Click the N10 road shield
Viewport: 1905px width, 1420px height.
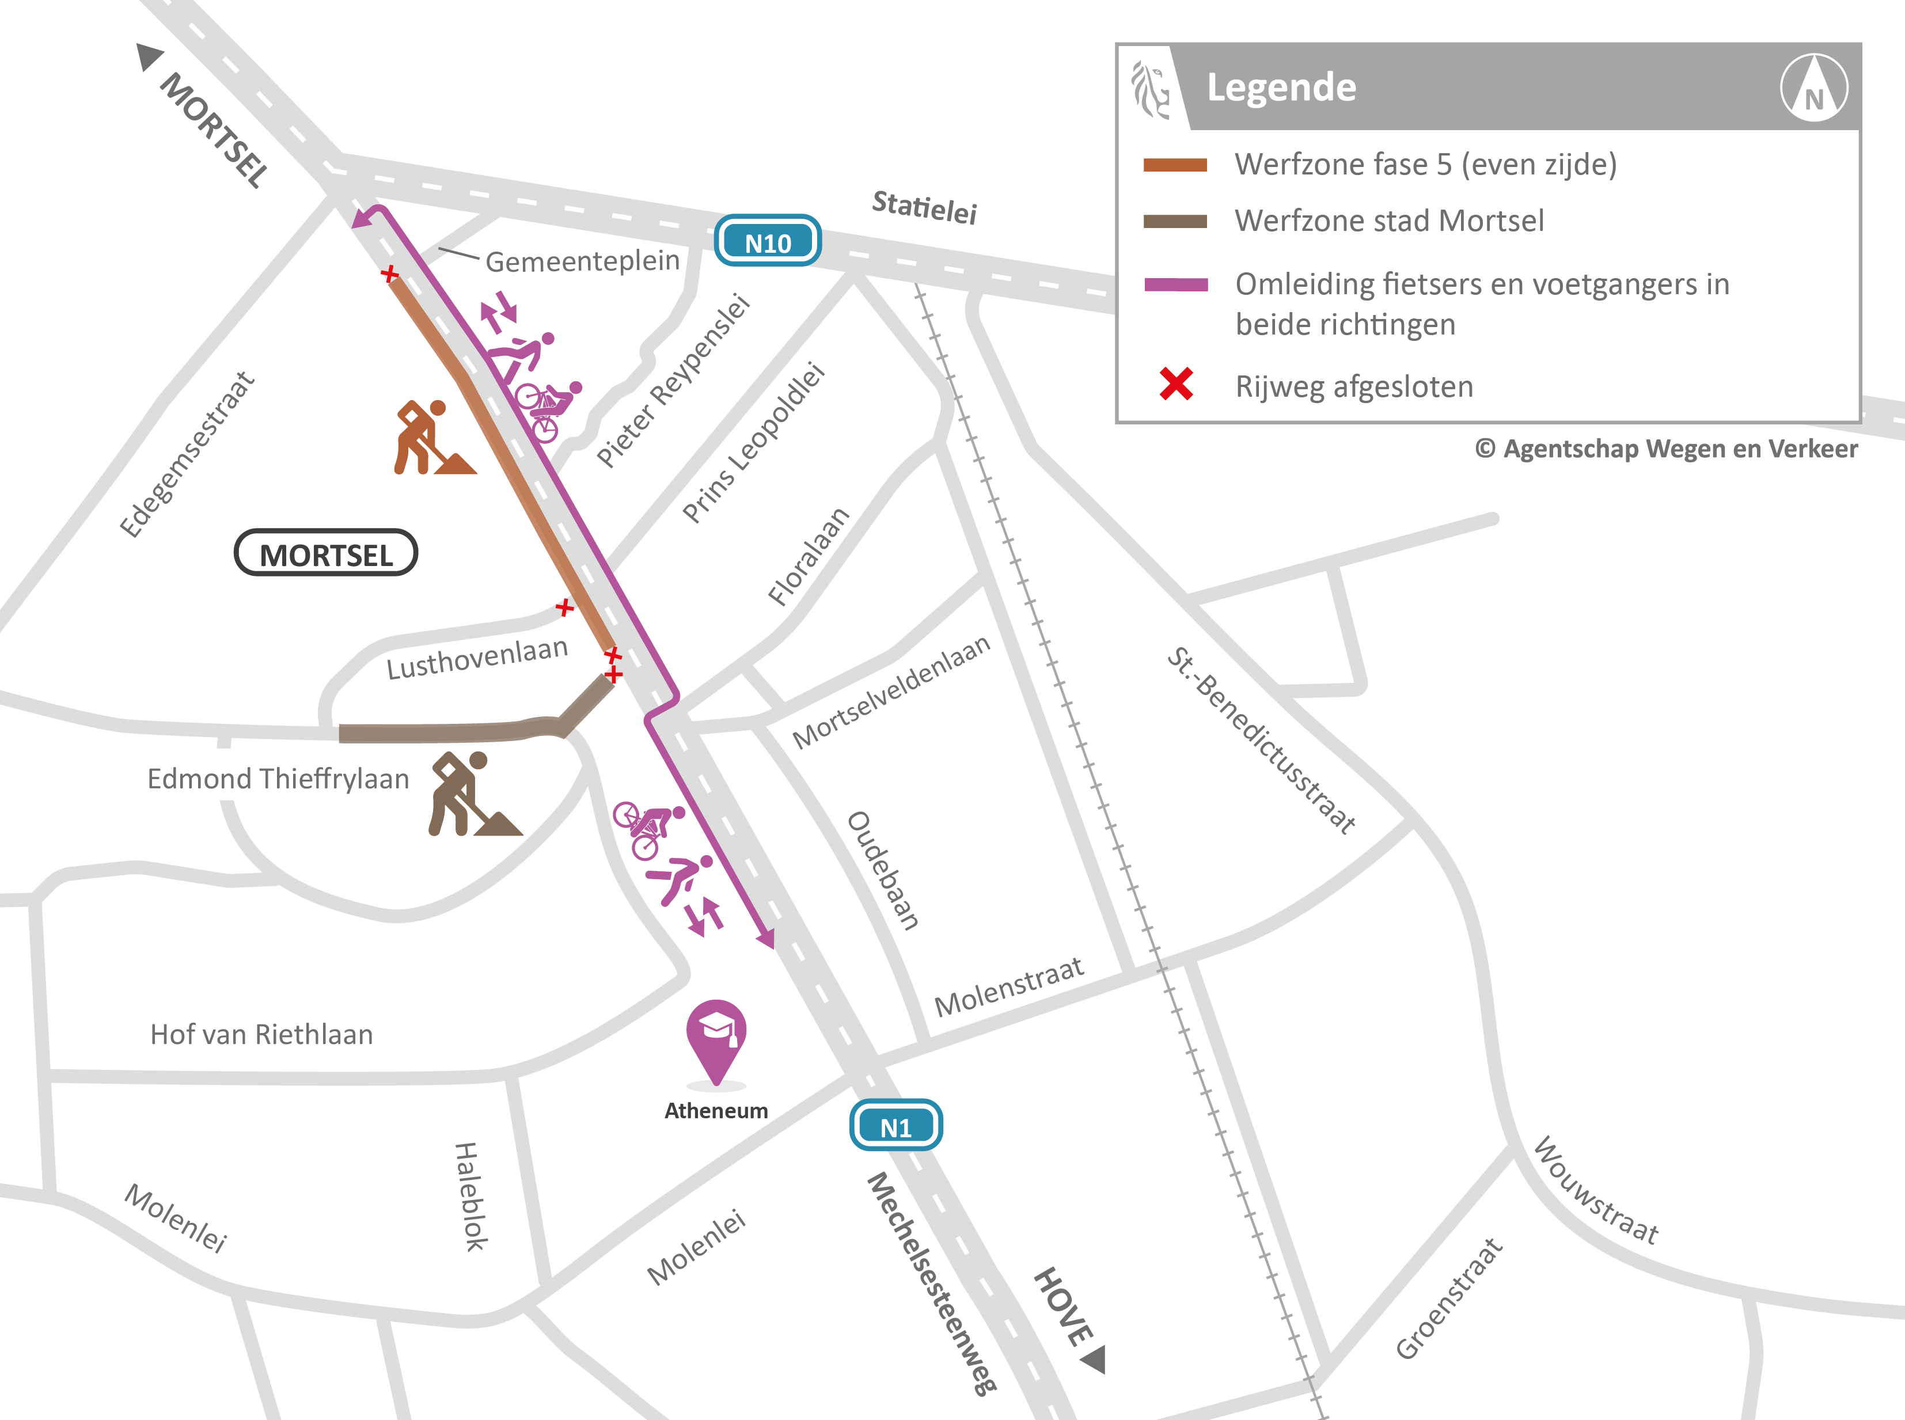coord(767,241)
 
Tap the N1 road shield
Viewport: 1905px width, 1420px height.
coord(895,1126)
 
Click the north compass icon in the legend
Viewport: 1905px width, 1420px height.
coord(1814,88)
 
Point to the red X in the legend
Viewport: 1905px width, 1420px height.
coord(1176,384)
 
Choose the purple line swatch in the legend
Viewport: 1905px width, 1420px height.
coord(1176,284)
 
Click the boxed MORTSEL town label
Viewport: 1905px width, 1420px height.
coord(326,553)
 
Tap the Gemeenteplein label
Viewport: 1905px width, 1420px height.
coord(582,260)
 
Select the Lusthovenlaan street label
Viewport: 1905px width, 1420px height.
coord(477,658)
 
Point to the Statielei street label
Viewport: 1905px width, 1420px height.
coord(924,207)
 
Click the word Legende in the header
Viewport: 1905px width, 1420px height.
coord(1281,88)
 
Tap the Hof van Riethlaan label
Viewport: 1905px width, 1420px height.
coord(261,1034)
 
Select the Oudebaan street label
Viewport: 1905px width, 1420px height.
coord(883,870)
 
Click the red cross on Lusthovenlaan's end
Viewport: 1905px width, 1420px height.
coord(564,608)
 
